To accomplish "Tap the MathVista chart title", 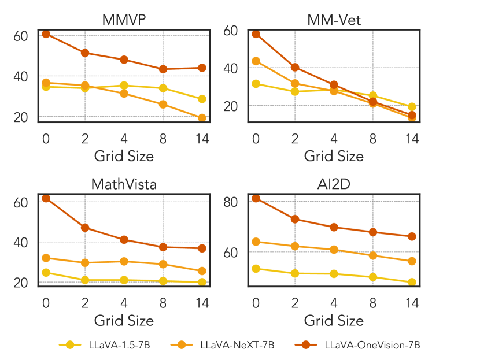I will [124, 184].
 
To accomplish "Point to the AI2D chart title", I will [334, 184].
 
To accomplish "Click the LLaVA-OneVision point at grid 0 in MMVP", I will [46, 34].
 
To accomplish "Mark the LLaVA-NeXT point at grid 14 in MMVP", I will [202, 118].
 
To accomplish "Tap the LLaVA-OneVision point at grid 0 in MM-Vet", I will [256, 34].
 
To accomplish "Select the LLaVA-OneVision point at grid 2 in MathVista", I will [85, 228].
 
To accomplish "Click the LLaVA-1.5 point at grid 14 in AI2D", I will [412, 282].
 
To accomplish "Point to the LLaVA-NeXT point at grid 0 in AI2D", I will [256, 242].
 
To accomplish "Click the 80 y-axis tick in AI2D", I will [231, 202].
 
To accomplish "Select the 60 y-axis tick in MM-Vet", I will [231, 30].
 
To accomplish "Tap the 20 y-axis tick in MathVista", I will [21, 283].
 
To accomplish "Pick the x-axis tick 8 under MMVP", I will [163, 138].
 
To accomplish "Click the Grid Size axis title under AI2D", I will [334, 320].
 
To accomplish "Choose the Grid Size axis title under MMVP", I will [124, 155].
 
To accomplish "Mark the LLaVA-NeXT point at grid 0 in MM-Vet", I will [256, 61].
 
